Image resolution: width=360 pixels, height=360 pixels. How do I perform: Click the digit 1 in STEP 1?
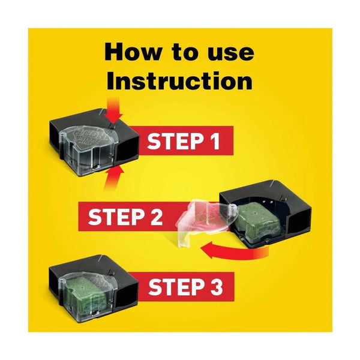[x=214, y=142]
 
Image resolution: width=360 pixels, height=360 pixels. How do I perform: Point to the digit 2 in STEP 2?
[x=154, y=217]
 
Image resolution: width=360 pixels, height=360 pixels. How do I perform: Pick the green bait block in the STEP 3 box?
[x=82, y=293]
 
